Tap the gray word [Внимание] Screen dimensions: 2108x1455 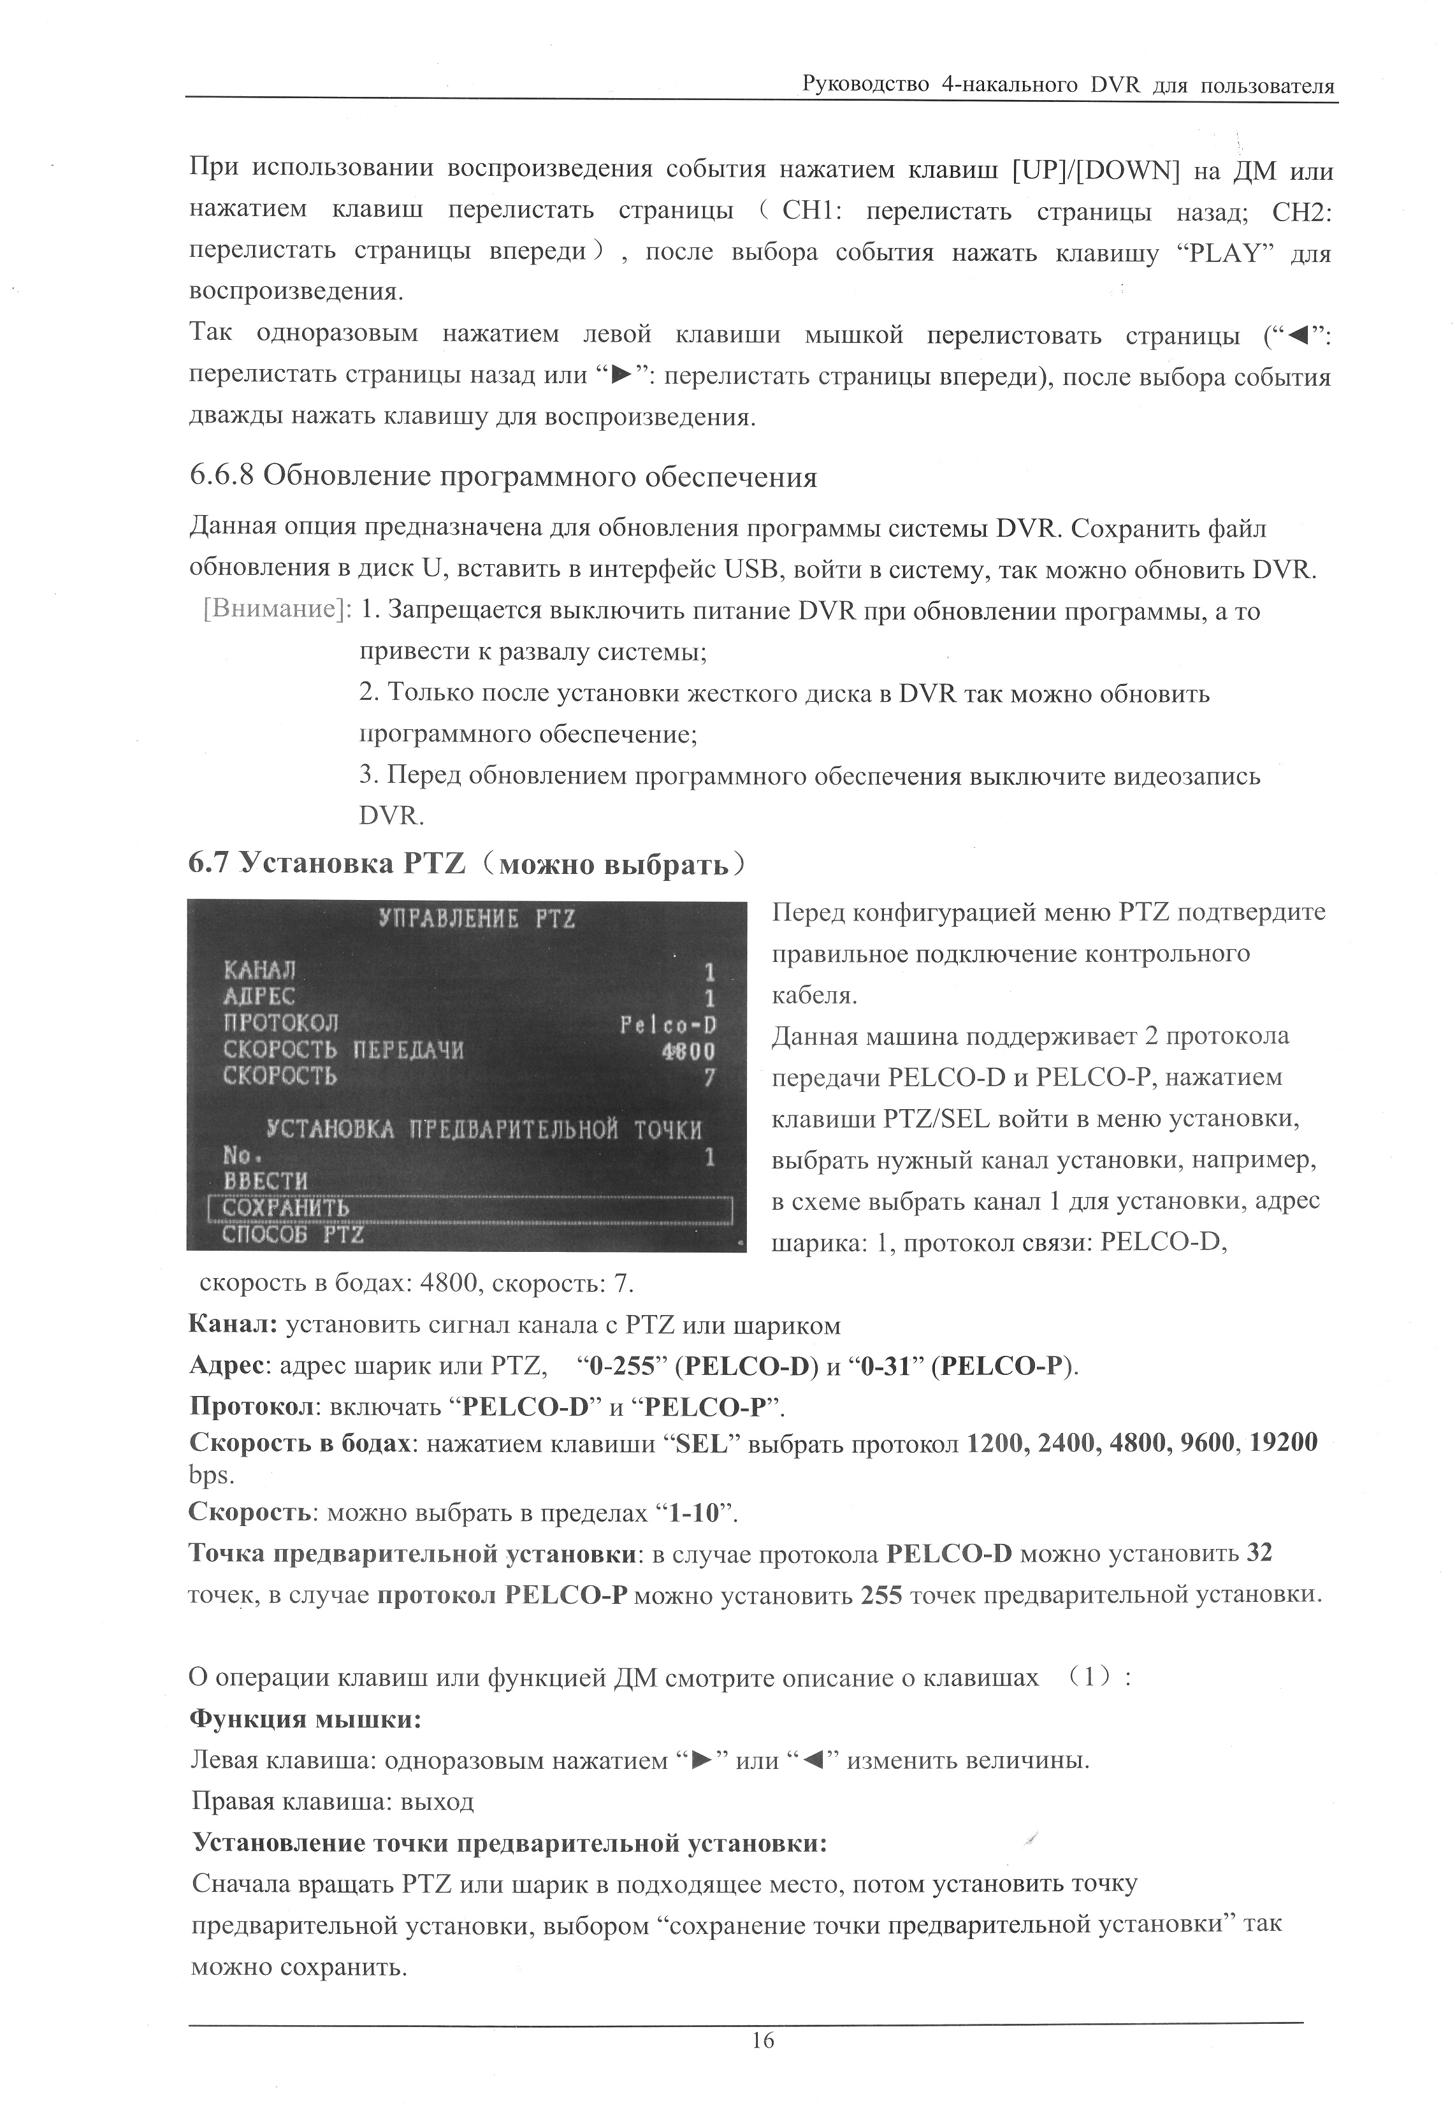276,610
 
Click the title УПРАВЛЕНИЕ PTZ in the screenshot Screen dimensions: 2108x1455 477,918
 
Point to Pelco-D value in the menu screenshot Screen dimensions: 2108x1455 667,1025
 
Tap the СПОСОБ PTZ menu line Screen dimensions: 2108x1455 294,1235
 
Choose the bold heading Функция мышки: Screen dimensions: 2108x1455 305,1720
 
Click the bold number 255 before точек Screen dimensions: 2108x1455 881,1595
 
